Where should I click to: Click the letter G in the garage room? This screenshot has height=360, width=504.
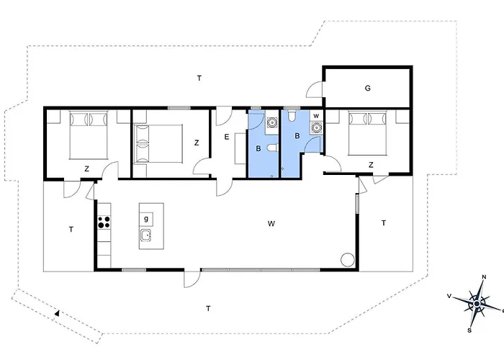tap(368, 88)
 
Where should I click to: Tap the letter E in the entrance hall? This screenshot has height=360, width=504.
tap(227, 137)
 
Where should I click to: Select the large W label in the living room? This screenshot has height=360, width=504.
tap(271, 223)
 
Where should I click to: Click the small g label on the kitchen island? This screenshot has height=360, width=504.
tap(146, 219)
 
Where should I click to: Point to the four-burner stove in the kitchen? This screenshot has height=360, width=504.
tap(104, 222)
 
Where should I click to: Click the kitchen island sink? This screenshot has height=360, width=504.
tap(146, 235)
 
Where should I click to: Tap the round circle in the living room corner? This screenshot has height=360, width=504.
tap(348, 260)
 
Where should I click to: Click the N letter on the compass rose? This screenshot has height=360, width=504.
tap(484, 277)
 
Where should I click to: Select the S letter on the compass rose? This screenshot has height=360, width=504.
tap(469, 330)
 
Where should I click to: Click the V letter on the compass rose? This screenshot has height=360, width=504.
tap(449, 296)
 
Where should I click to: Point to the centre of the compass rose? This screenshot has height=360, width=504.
tap(477, 304)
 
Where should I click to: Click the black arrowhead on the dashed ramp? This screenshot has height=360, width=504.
tap(57, 312)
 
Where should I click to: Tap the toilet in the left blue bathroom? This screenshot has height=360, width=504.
tap(272, 148)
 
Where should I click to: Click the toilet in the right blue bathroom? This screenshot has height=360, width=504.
tap(292, 116)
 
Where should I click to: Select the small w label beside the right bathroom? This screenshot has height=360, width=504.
tap(316, 116)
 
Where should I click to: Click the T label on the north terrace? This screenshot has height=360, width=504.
tap(199, 78)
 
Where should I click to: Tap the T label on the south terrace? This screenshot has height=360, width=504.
tap(208, 309)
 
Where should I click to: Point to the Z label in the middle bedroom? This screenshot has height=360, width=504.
tap(197, 143)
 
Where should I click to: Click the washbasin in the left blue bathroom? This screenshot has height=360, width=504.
tap(272, 122)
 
